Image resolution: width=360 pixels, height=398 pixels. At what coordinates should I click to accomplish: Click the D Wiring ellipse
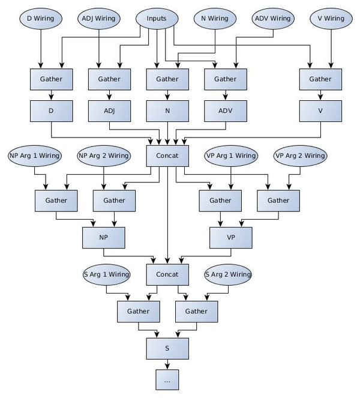[x=41, y=19]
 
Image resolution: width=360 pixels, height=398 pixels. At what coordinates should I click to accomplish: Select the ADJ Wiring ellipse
[x=98, y=19]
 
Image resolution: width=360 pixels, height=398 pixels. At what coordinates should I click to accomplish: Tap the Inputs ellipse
[x=157, y=19]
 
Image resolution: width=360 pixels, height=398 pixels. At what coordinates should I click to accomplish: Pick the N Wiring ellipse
[x=214, y=19]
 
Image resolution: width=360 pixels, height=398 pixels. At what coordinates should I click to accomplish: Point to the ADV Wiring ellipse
[x=272, y=19]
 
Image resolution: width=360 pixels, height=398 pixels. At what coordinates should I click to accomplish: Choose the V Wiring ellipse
[x=331, y=19]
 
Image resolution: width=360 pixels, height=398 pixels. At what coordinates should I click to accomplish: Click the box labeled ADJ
[x=109, y=110]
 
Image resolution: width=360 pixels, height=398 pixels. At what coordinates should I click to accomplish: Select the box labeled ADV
[x=226, y=110]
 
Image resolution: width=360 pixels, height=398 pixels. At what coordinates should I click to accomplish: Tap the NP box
[x=103, y=238]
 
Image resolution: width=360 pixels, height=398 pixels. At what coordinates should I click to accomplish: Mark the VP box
[x=230, y=238]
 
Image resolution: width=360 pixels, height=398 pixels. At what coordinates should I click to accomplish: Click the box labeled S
[x=167, y=348]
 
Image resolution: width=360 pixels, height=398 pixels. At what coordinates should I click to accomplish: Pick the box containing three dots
[x=167, y=380]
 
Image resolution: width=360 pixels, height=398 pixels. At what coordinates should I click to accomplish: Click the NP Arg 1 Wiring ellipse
[x=35, y=155]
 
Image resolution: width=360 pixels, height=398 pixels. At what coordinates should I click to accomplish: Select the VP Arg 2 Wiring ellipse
[x=300, y=155]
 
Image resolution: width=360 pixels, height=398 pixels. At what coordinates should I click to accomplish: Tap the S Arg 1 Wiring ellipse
[x=106, y=274]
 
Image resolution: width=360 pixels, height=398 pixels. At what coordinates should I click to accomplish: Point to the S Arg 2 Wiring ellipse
[x=228, y=274]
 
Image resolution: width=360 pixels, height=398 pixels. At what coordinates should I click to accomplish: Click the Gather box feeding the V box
[x=320, y=79]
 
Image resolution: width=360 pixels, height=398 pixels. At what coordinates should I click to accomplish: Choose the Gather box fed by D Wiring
[x=51, y=79]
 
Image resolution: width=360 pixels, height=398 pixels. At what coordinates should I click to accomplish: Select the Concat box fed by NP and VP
[x=167, y=274]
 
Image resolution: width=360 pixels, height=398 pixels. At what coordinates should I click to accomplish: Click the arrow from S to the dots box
[x=167, y=364]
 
